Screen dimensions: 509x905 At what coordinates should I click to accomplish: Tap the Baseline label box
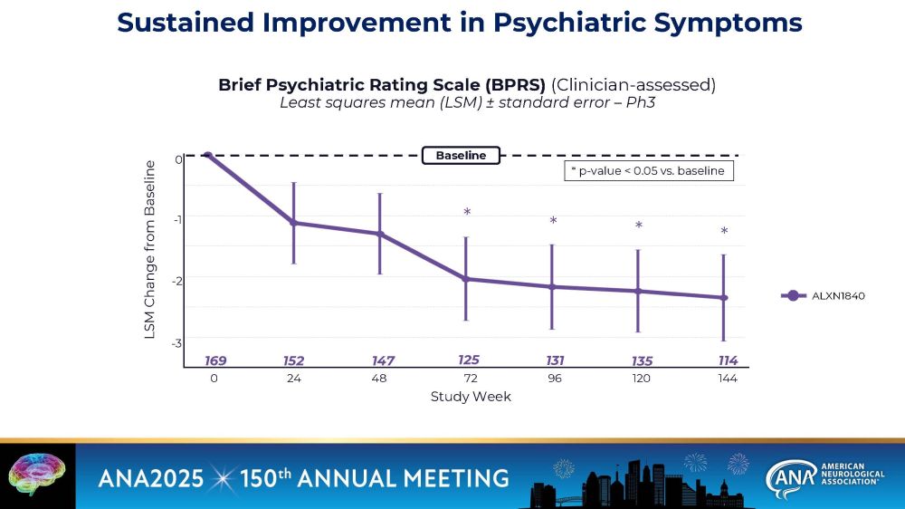point(461,156)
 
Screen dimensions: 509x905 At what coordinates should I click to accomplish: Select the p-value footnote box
point(647,171)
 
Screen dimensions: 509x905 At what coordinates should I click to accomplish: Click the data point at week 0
point(208,155)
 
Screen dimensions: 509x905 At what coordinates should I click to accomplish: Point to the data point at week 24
point(293,223)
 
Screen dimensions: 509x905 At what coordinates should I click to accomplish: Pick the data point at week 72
point(466,279)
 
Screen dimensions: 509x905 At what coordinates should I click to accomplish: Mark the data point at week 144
point(723,298)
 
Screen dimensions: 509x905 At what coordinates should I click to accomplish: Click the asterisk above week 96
point(553,221)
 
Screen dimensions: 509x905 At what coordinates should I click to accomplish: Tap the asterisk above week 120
point(638,226)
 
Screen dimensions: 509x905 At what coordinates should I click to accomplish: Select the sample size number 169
point(215,360)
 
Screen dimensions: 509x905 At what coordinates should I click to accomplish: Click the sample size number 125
point(469,360)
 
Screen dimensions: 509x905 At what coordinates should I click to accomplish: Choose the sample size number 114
point(728,360)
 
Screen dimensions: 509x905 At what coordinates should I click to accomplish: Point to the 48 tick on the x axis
point(378,379)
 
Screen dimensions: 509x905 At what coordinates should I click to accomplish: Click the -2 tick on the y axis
point(178,281)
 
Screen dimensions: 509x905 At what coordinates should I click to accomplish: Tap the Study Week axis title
point(471,397)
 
